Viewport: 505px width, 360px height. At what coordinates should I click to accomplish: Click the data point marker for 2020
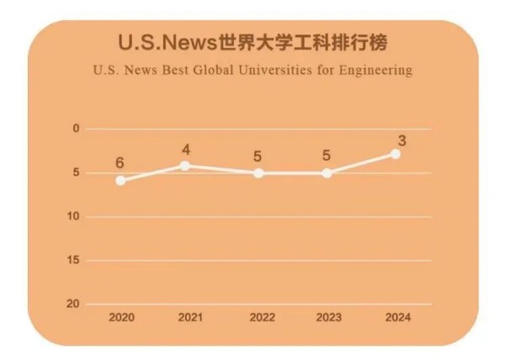coord(121,180)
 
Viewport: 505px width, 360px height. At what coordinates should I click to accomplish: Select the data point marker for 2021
coord(186,165)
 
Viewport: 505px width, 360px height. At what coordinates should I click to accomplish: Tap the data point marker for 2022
coord(258,173)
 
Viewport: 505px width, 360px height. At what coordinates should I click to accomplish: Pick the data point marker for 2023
coord(327,173)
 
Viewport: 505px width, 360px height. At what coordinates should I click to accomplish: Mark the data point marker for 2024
coord(396,155)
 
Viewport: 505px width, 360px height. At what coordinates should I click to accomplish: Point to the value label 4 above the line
coord(186,150)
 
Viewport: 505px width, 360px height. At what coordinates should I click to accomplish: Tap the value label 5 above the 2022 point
coord(258,156)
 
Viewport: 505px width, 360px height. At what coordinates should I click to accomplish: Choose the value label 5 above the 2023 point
coord(327,156)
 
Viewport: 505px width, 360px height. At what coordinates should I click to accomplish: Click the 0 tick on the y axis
coord(76,129)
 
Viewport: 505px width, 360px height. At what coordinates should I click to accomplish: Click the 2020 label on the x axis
coord(122,319)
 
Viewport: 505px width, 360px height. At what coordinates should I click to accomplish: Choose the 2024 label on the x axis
coord(396,319)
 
